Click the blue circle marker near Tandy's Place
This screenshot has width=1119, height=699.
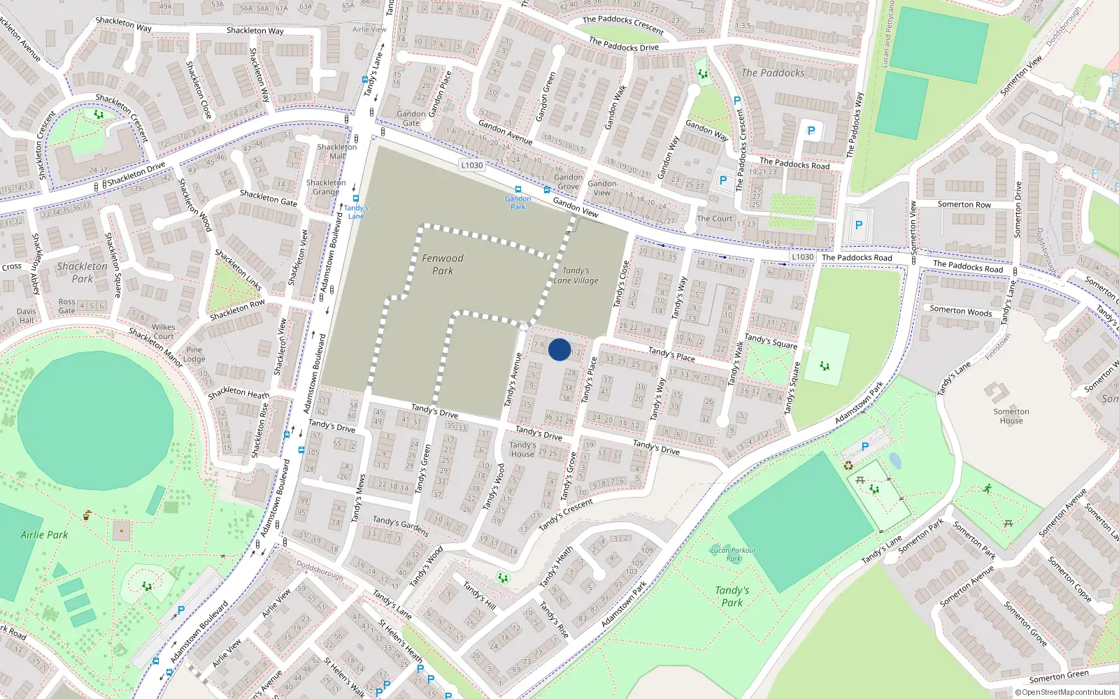559,349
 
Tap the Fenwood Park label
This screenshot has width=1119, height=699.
442,264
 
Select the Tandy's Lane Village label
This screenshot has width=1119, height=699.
576,275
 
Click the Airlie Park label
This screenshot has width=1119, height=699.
44,535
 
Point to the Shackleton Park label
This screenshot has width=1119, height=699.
82,272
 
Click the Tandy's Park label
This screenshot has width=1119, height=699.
732,596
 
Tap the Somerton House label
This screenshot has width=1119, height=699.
1011,416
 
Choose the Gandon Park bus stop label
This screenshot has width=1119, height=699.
518,203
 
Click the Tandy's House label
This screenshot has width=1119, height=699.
522,449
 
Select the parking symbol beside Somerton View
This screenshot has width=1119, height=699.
859,225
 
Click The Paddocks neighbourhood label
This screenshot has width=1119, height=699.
773,73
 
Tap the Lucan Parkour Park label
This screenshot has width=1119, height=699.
733,554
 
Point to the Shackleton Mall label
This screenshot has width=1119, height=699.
337,152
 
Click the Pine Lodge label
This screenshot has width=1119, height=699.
194,354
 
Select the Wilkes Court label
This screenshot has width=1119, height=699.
164,331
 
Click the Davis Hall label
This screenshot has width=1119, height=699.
27,316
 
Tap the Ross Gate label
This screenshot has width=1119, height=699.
66,306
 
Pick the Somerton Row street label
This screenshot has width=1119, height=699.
964,204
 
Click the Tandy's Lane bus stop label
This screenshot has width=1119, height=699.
356,212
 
